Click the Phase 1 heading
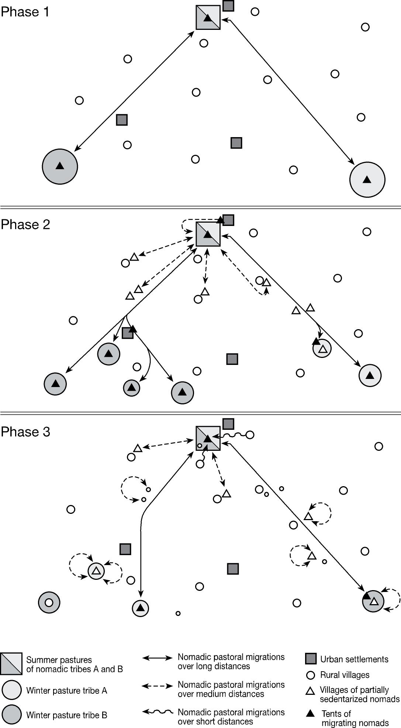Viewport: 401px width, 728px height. coord(25,12)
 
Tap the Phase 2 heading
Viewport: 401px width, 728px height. coord(25,224)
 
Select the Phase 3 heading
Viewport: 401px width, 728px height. coord(25,432)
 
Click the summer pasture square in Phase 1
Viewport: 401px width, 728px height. coord(208,17)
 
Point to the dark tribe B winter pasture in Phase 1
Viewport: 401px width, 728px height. coord(60,166)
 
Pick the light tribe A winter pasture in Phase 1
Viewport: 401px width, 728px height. coord(367,180)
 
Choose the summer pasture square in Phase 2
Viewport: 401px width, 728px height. coord(208,234)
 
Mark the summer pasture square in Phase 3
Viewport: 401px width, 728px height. coord(208,438)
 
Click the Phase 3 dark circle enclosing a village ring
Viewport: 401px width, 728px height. coord(49,603)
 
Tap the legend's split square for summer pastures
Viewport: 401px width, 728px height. coord(11,664)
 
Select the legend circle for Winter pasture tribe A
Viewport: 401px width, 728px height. coord(12,690)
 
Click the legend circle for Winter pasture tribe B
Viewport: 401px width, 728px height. coord(12,715)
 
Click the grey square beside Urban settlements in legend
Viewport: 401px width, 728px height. coord(311,659)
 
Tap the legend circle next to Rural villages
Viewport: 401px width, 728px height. coord(311,675)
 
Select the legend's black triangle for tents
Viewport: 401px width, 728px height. coord(311,714)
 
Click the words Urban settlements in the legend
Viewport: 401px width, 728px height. coord(354,659)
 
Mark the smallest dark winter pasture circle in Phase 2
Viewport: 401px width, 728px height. coord(132,388)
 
